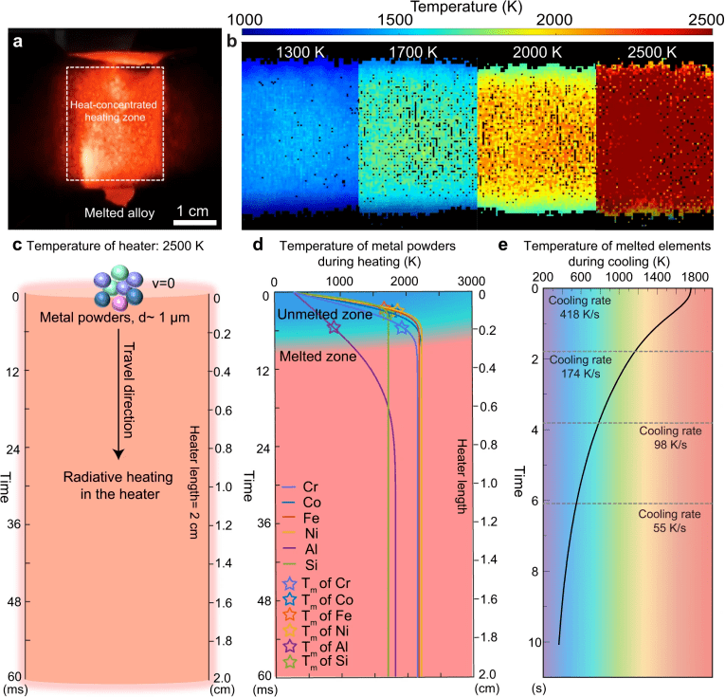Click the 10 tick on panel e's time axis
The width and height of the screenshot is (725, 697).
point(536,642)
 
